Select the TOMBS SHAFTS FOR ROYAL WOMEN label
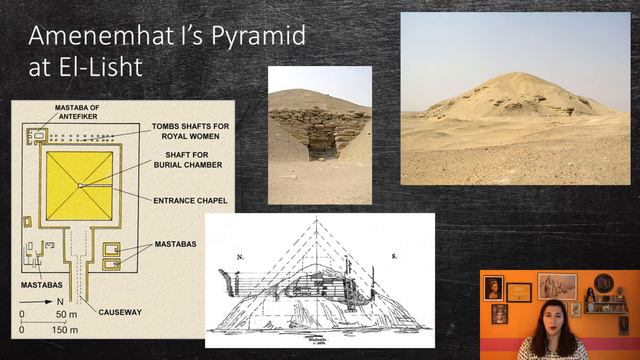(x=194, y=131)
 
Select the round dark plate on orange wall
(x=603, y=283)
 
